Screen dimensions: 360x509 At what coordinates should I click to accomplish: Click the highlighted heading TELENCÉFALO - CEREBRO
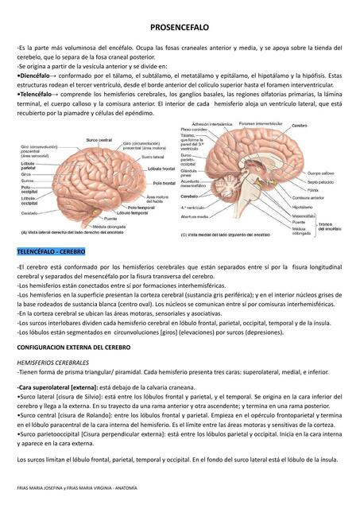(51, 251)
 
